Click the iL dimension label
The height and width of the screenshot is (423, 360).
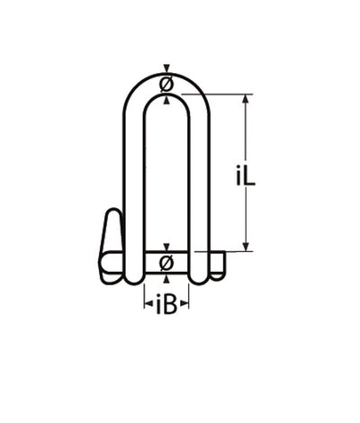247,176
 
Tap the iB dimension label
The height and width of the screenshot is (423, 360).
166,306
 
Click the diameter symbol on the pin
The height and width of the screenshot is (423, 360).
166,263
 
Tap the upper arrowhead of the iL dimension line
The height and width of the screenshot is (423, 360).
246,98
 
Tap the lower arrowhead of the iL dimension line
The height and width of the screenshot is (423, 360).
246,246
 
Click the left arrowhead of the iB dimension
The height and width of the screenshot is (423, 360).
147,306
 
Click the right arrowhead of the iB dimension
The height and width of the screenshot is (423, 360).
186,306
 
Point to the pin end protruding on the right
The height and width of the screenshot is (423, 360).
219,263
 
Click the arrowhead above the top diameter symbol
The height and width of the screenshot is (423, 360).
166,70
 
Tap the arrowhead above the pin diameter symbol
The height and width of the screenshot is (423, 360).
166,247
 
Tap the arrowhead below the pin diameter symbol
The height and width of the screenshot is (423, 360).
166,277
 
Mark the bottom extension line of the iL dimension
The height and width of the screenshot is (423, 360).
236,251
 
